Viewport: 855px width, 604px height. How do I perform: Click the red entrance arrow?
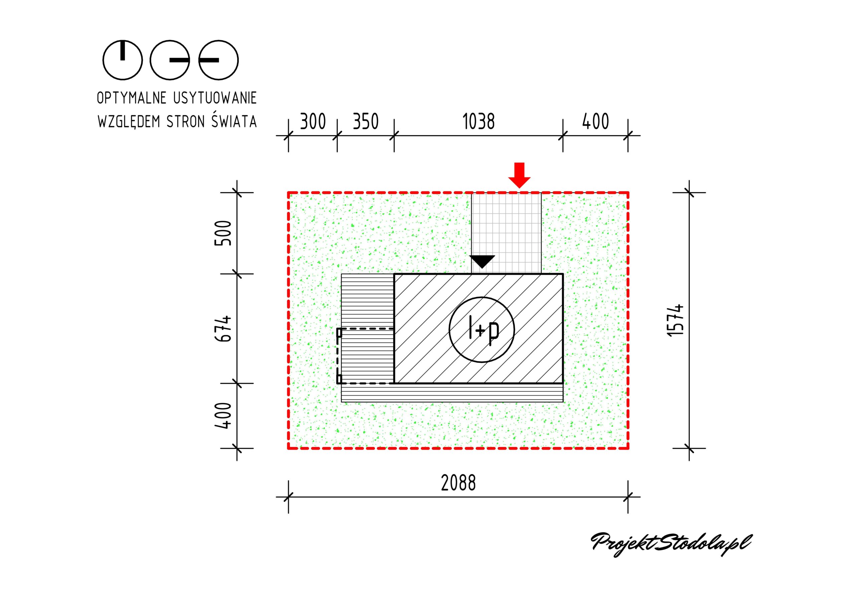point(519,175)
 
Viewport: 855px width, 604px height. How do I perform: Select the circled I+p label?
point(482,330)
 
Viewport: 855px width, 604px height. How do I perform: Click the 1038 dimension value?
point(479,122)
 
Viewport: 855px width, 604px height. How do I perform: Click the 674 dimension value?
point(223,329)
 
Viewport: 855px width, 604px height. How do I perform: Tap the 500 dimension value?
point(223,233)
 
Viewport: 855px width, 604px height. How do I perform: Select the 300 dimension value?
point(313,122)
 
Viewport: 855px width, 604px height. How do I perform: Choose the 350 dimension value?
point(366,122)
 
